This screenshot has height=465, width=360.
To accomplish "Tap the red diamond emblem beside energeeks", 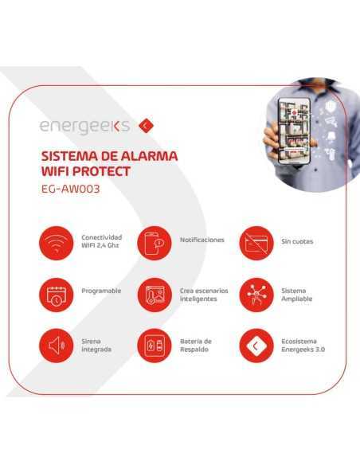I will [x=145, y=125].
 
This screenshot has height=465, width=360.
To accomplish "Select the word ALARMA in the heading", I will [x=150, y=154].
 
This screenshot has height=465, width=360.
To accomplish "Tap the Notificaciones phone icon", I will [x=153, y=243].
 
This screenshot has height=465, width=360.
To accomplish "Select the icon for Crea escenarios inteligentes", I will [x=153, y=295].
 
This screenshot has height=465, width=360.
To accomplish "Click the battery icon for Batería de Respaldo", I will [x=153, y=346].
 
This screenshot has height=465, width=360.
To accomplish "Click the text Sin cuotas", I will [x=297, y=240].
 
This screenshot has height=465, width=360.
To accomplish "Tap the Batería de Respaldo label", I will [x=196, y=345].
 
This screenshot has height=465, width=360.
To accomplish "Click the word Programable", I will [x=101, y=291].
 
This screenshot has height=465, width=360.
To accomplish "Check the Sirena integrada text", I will [x=96, y=345].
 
